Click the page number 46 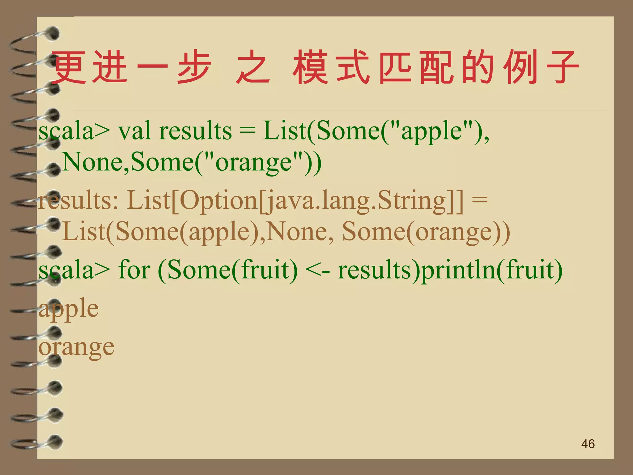(x=588, y=444)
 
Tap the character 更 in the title (x=69, y=67)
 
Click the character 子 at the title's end (x=562, y=67)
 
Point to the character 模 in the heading (x=310, y=67)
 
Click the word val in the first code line (x=135, y=131)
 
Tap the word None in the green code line (x=94, y=162)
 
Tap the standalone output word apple (x=69, y=309)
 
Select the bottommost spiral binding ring (x=53, y=442)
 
